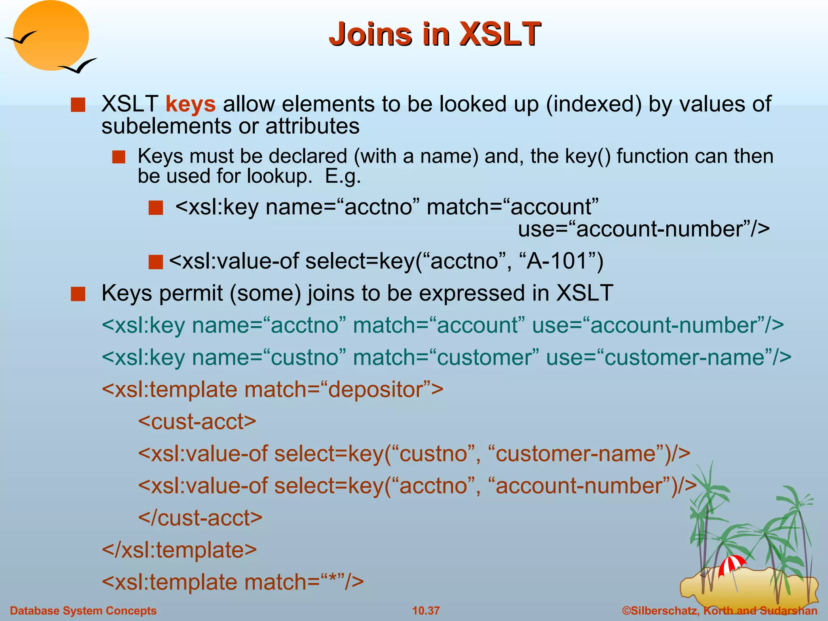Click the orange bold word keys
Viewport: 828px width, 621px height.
click(x=190, y=104)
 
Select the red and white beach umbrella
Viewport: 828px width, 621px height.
click(x=731, y=564)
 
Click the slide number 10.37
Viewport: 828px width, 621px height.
click(x=426, y=610)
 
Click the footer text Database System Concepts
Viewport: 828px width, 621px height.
click(x=83, y=610)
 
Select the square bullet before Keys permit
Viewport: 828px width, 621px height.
click(x=78, y=294)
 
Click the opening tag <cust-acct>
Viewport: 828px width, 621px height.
click(x=197, y=421)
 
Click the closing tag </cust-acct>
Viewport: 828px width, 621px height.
click(x=200, y=517)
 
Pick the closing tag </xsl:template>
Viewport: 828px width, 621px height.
click(x=180, y=550)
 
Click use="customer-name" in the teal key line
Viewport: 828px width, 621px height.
click(x=668, y=357)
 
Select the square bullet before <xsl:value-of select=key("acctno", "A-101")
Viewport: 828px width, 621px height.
click(x=156, y=262)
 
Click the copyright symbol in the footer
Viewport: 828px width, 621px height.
click(x=626, y=610)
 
